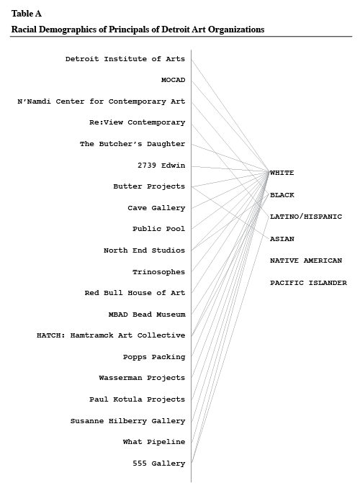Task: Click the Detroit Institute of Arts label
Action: point(125,59)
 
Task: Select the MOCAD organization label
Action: point(174,80)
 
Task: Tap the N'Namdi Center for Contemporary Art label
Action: point(102,101)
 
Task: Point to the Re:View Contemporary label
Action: point(137,122)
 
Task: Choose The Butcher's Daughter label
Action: point(132,144)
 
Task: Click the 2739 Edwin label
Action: point(161,165)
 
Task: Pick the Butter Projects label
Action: point(149,186)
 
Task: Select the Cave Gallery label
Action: point(156,208)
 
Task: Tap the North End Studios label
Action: point(144,250)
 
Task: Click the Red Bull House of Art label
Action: point(135,293)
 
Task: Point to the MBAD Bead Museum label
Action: point(147,314)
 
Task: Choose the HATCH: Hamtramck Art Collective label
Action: point(111,335)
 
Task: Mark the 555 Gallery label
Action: point(159,463)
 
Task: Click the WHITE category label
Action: point(282,173)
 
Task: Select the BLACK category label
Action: point(282,195)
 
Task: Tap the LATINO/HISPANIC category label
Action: point(306,217)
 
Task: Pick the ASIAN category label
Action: point(282,239)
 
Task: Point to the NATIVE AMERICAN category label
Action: point(306,261)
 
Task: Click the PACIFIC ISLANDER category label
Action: point(308,283)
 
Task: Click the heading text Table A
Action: point(27,14)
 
